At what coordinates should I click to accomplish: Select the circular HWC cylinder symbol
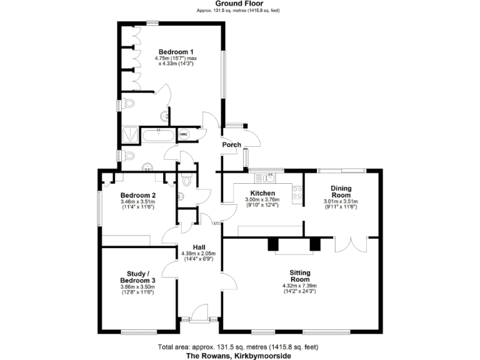pos(184,134)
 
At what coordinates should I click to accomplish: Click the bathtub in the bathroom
pos(159,134)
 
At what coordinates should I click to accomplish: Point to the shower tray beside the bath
pos(131,134)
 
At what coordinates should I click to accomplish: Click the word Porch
pos(231,145)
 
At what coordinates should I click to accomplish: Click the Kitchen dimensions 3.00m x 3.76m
pos(262,200)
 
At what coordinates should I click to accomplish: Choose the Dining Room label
pos(341,191)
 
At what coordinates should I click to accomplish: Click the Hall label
pos(198,247)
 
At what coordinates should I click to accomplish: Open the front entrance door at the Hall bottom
pos(200,312)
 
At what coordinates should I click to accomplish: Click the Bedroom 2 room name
pos(138,194)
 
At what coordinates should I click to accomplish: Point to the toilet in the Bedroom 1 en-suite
pos(129,103)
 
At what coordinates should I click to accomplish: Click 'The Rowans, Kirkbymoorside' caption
pos(239,355)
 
